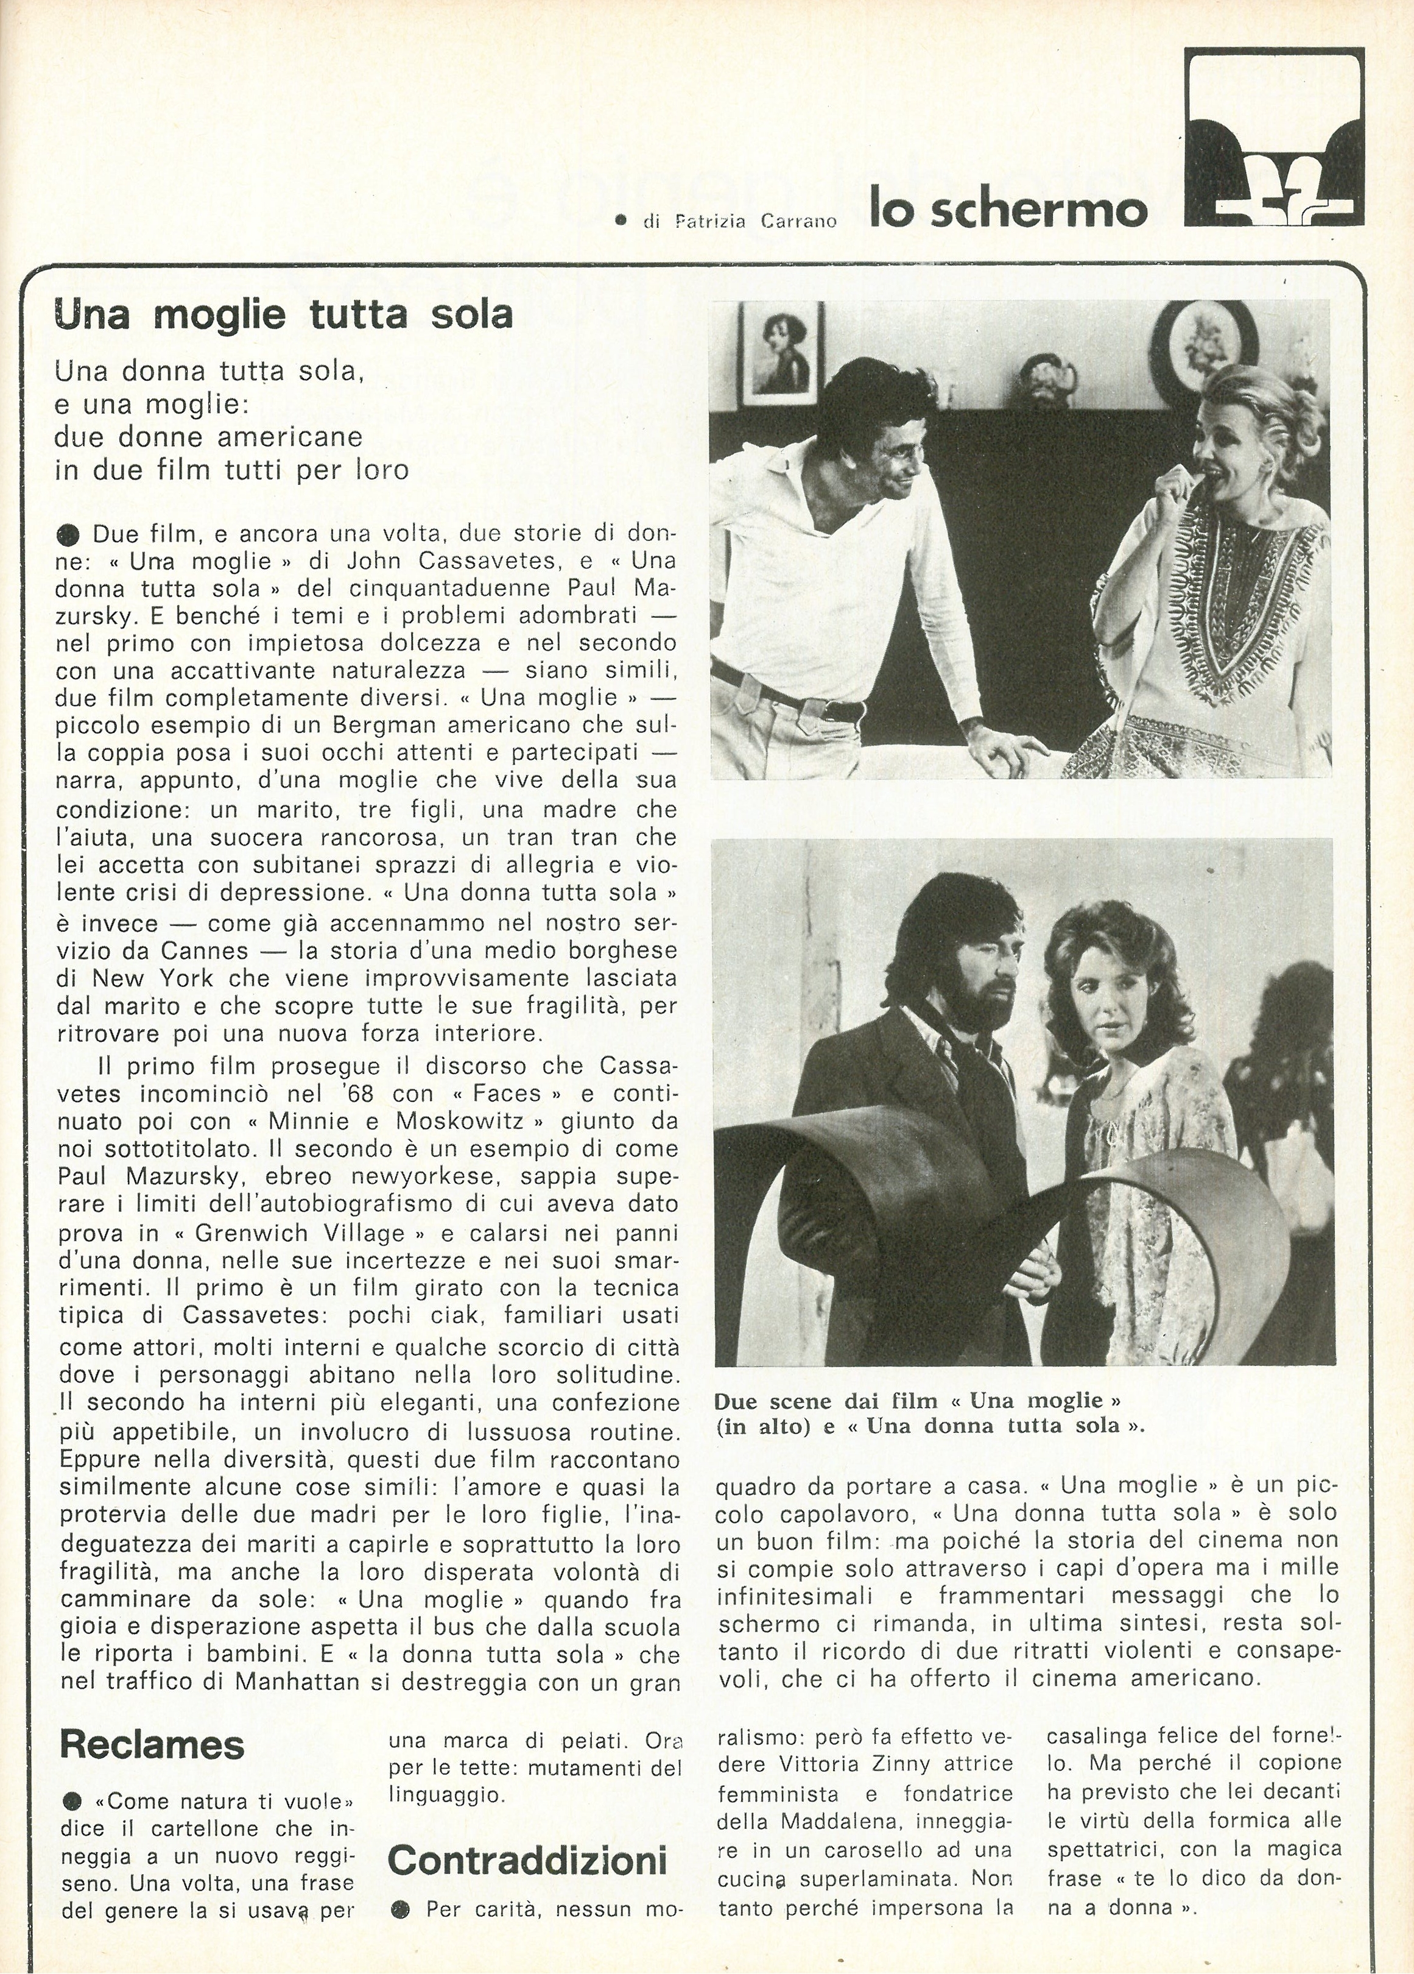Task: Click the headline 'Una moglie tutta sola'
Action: tap(284, 315)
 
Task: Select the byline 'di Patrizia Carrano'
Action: tap(740, 221)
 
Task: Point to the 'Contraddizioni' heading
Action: tap(527, 1861)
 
